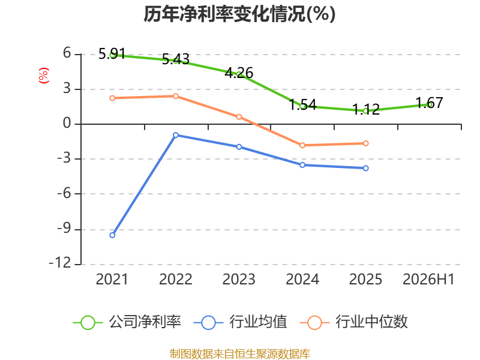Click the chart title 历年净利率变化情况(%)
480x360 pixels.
[x=239, y=14]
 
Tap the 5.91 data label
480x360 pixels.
[x=112, y=54]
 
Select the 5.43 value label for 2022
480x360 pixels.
[x=176, y=59]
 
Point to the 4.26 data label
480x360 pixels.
[x=239, y=73]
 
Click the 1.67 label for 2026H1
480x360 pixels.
[x=430, y=103]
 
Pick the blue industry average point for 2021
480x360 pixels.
[x=112, y=235]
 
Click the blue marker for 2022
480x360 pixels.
[x=176, y=135]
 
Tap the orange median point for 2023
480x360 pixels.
[x=239, y=117]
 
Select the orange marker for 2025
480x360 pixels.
[x=366, y=143]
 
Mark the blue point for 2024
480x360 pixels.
[x=302, y=165]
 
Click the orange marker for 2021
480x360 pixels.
[x=112, y=98]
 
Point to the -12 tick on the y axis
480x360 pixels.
[x=61, y=263]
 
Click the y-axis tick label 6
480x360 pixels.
[x=67, y=53]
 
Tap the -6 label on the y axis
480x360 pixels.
[x=64, y=193]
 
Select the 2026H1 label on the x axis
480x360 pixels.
[x=428, y=279]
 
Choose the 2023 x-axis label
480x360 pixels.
[x=239, y=279]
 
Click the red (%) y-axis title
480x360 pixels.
[x=43, y=76]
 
